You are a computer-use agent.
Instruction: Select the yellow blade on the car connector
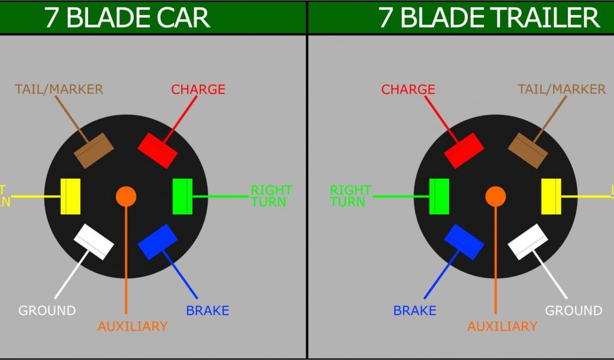pyautogui.click(x=71, y=196)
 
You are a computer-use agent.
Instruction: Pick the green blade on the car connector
pyautogui.click(x=182, y=196)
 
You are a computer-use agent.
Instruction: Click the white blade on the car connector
pyautogui.click(x=94, y=242)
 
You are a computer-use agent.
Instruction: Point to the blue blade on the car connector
pyautogui.click(x=158, y=242)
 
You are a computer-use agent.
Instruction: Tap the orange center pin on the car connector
pyautogui.click(x=126, y=196)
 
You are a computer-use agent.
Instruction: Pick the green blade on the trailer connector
pyautogui.click(x=440, y=196)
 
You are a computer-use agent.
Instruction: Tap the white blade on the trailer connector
pyautogui.click(x=528, y=242)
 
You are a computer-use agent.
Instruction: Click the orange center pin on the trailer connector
pyautogui.click(x=495, y=196)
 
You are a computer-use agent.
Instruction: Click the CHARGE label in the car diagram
pyautogui.click(x=198, y=90)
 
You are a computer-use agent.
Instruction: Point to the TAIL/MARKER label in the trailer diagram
pyautogui.click(x=561, y=89)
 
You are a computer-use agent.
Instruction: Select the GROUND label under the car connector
pyautogui.click(x=47, y=311)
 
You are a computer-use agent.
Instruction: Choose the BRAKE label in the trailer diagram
pyautogui.click(x=415, y=311)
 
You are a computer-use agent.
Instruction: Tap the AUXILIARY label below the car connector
pyautogui.click(x=133, y=326)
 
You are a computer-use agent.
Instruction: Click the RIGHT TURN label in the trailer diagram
pyautogui.click(x=351, y=196)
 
